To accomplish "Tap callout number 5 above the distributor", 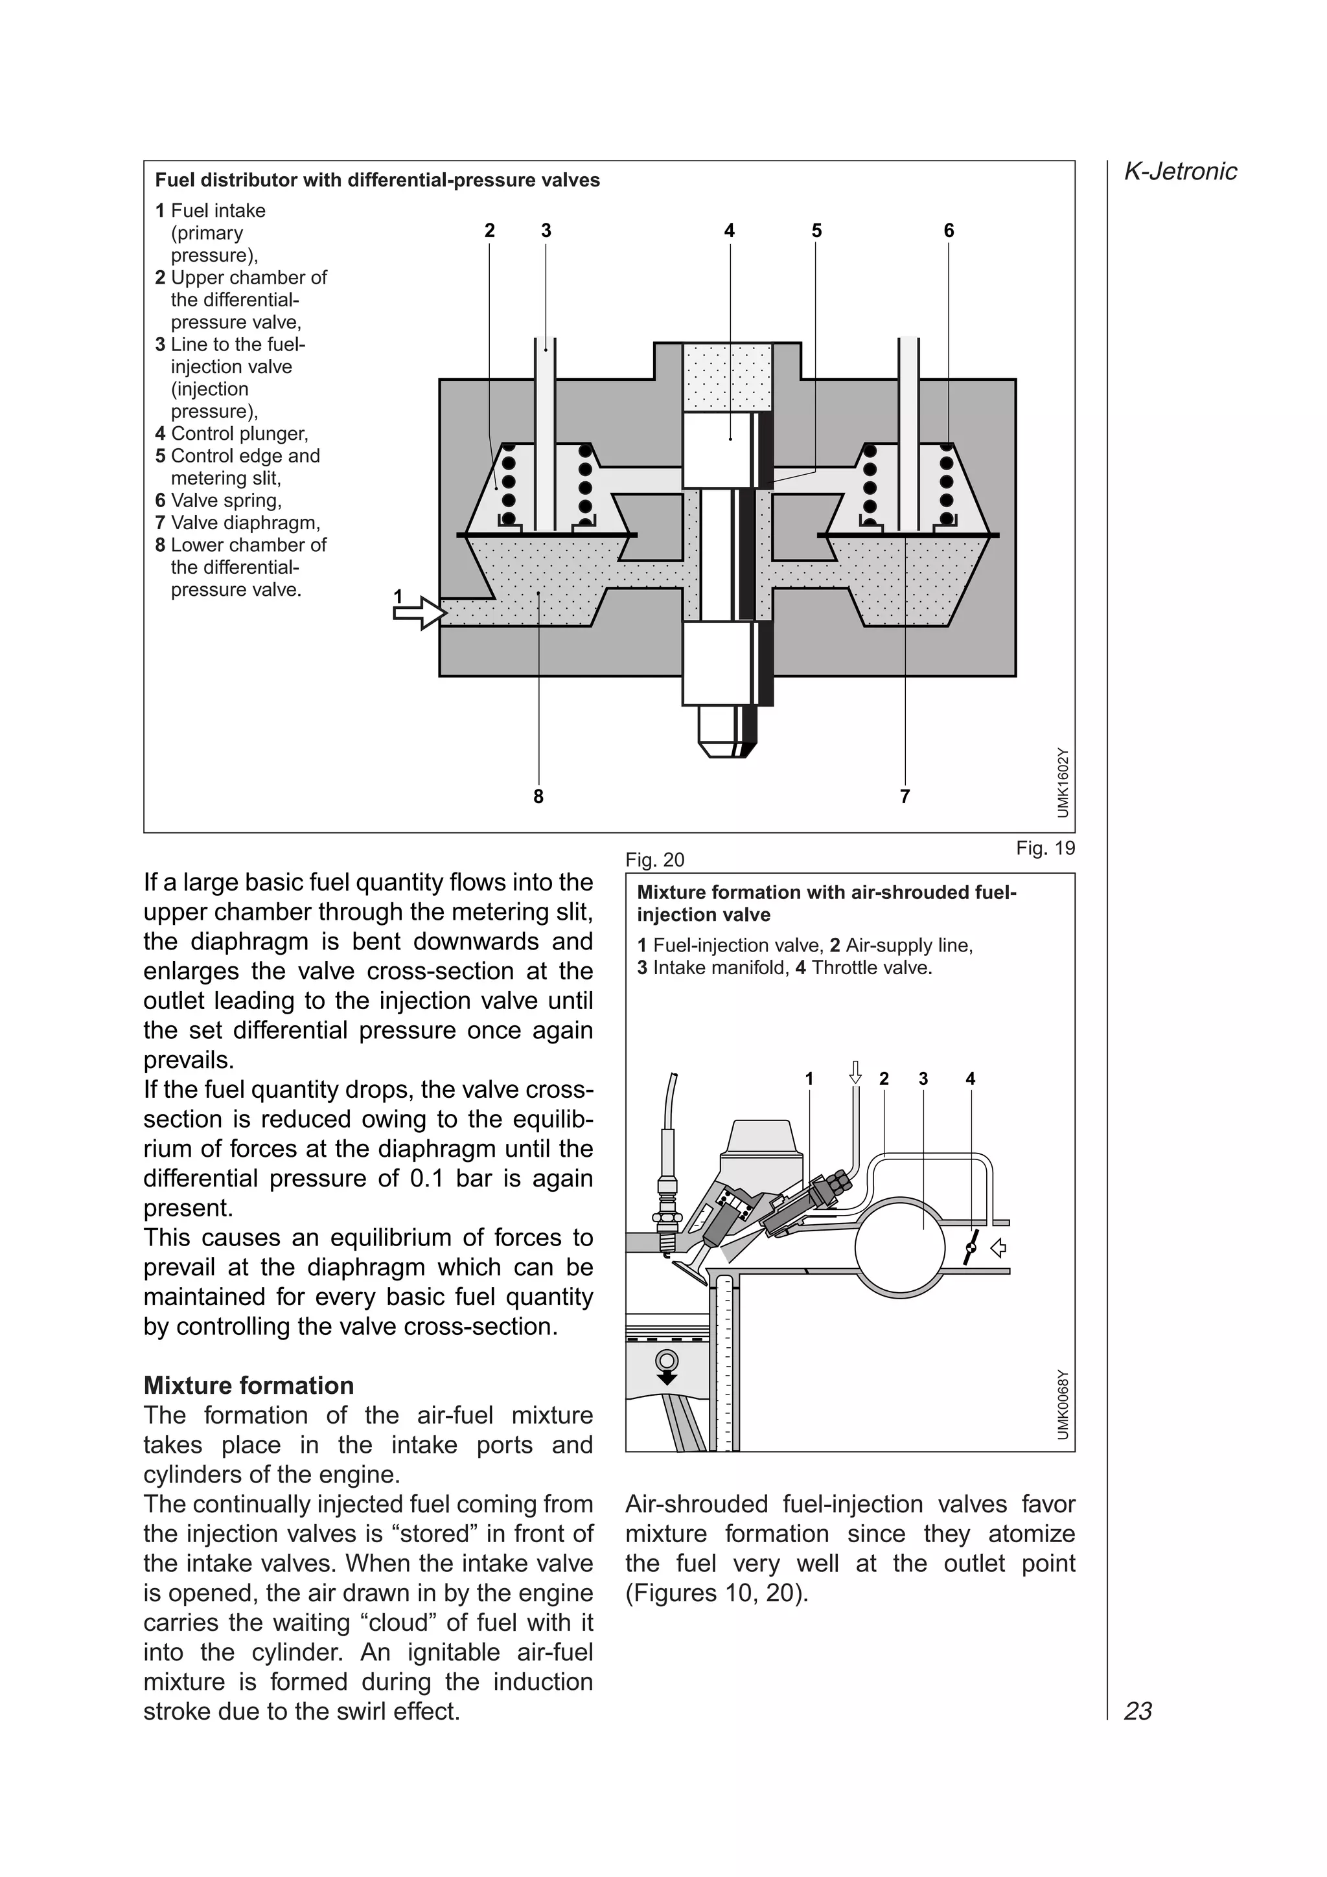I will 816,231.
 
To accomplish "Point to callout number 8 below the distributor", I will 538,796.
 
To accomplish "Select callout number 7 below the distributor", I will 905,796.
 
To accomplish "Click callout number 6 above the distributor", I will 949,231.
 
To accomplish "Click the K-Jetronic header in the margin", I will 1180,171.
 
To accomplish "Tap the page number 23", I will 1138,1711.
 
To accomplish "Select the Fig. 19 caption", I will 1045,848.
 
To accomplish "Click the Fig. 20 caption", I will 654,859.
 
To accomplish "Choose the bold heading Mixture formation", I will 249,1385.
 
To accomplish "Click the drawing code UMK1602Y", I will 1062,782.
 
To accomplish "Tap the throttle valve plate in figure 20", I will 971,1247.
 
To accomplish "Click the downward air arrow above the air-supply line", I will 855,1072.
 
